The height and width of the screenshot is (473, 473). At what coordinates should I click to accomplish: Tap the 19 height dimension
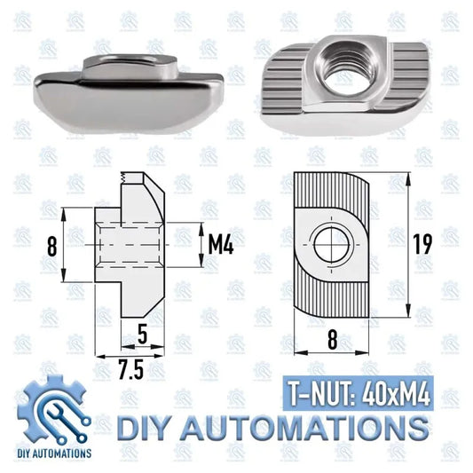(x=422, y=246)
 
